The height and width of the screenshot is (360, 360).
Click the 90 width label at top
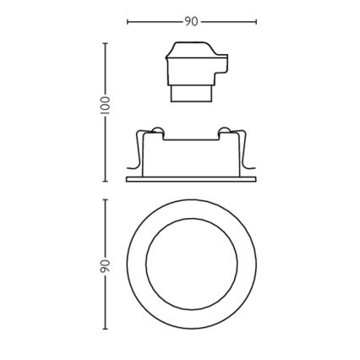192,21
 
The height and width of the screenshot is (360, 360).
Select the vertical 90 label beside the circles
105,265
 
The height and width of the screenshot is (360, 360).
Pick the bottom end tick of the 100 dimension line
105,181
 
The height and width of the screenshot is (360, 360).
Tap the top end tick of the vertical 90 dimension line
105,199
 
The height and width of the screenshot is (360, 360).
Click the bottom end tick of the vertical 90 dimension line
105,330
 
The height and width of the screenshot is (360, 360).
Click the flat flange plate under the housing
191,179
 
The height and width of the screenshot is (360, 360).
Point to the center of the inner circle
191,265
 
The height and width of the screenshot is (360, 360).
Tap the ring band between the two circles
138,265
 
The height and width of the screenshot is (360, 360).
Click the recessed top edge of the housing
191,138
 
